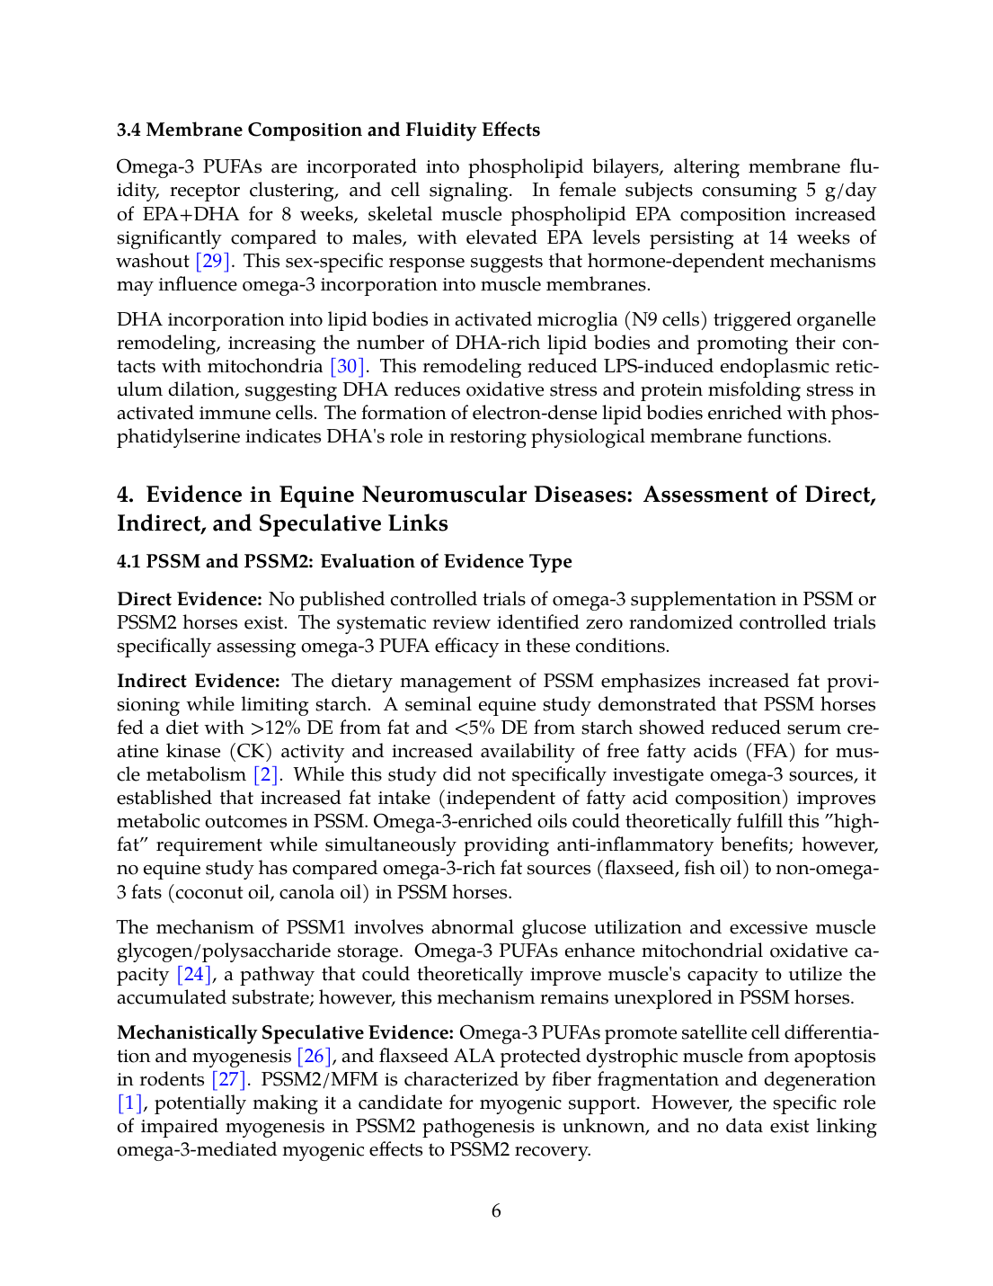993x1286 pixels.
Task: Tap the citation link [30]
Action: (x=347, y=367)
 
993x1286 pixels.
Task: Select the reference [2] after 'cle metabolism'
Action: (x=266, y=775)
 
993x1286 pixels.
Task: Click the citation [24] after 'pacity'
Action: (x=194, y=975)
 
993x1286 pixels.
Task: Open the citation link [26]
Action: (x=315, y=1057)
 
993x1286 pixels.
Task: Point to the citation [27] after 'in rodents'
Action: (x=228, y=1080)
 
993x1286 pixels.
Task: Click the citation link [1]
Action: (x=129, y=1103)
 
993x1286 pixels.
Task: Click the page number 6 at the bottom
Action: (x=496, y=1211)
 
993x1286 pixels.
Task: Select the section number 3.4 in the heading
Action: (x=129, y=130)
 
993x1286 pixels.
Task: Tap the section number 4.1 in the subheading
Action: (x=129, y=562)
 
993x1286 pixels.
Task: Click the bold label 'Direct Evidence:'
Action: (x=190, y=600)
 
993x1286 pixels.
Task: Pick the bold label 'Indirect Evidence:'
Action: (x=199, y=682)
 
